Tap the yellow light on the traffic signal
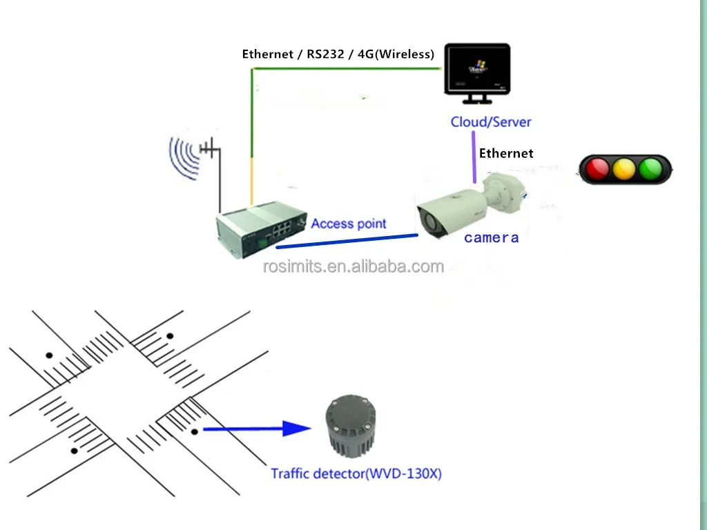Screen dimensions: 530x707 (x=623, y=169)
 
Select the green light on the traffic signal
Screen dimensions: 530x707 (x=650, y=169)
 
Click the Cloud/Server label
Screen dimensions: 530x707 (x=491, y=122)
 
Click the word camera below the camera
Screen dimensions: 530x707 (x=491, y=238)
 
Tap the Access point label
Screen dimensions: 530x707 (x=348, y=224)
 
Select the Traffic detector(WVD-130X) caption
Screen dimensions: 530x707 (x=356, y=474)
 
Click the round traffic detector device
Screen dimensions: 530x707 (x=351, y=426)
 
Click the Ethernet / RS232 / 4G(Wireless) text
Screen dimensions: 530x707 (x=338, y=55)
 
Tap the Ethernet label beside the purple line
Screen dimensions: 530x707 (x=506, y=154)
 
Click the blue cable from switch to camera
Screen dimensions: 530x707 (x=345, y=242)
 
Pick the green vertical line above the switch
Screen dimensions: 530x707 (x=253, y=117)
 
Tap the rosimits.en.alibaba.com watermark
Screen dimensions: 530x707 (x=353, y=267)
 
